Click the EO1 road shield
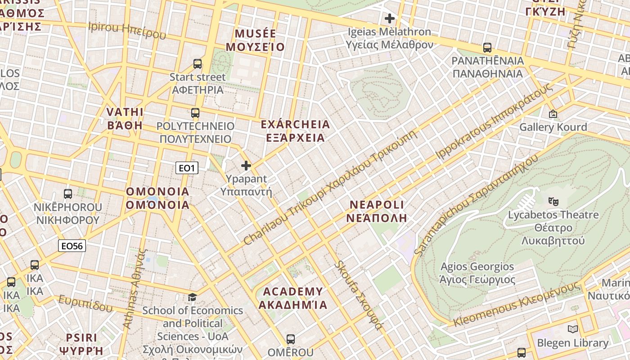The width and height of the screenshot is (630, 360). coord(186,168)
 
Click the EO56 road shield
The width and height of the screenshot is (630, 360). coord(72,246)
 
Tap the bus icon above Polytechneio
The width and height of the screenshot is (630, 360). coord(195,113)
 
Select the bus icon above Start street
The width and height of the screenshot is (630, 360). coord(197,64)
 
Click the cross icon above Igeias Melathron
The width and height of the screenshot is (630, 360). coord(389,18)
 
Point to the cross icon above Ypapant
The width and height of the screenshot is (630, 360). coord(246,166)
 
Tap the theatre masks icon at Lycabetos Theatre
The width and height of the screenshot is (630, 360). coord(553,201)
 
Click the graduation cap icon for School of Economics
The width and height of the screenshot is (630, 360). coord(192,297)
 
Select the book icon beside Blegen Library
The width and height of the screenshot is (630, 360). coord(572,329)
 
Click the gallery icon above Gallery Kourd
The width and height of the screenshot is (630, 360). coord(553,114)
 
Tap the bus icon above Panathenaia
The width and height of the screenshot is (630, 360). coord(487,47)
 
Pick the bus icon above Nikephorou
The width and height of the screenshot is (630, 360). coord(68,194)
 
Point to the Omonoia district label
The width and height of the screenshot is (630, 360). coord(157,198)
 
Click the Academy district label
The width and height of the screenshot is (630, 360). coord(293,298)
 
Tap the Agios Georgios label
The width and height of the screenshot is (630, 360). coord(477,273)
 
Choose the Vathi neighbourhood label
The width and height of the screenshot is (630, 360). coord(125,118)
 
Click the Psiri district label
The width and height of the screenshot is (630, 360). coord(81,344)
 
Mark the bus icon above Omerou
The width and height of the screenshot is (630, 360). coord(291,339)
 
